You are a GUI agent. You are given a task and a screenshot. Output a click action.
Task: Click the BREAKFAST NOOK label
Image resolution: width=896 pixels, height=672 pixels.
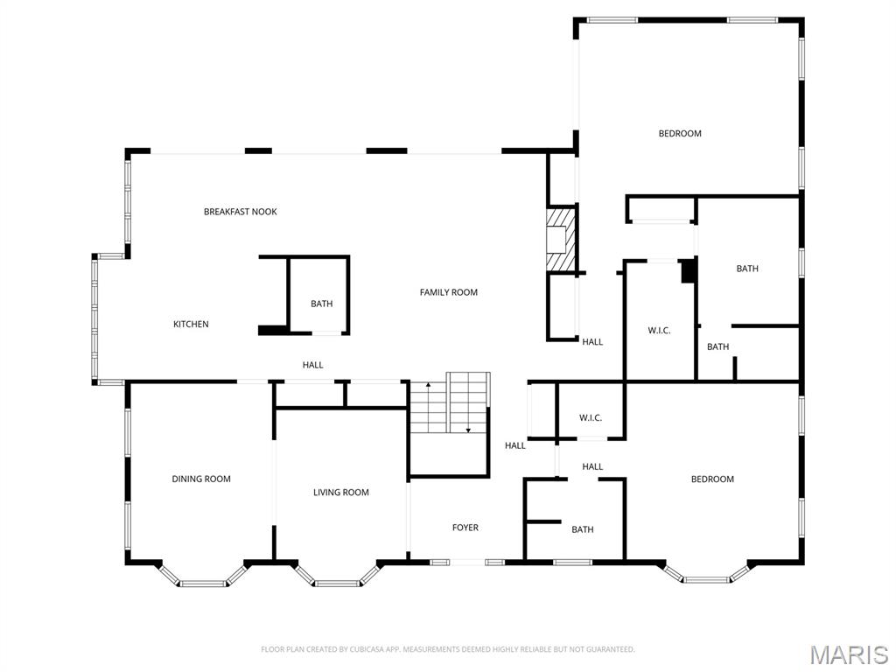241,212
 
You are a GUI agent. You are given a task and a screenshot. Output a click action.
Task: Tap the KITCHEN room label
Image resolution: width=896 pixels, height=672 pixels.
191,325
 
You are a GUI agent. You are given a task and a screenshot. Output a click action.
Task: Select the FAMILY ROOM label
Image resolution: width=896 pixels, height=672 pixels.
449,292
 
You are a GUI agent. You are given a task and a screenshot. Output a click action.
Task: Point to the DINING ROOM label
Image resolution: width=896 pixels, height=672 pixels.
201,479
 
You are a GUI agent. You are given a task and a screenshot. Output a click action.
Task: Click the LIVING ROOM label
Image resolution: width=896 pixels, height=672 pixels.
341,493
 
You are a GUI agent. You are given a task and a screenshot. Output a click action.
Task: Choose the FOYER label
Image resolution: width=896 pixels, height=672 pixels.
465,528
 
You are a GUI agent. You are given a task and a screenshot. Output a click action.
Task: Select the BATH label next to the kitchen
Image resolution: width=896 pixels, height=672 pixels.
322,304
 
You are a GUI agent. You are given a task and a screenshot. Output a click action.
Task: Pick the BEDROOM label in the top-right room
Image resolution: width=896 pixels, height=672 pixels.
680,134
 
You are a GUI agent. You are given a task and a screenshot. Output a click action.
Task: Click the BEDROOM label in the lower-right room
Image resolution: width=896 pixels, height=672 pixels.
712,479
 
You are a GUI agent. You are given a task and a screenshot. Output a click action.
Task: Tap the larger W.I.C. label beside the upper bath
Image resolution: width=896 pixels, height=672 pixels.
659,331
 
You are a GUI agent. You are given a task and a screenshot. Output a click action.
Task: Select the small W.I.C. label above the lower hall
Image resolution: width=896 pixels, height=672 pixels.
591,418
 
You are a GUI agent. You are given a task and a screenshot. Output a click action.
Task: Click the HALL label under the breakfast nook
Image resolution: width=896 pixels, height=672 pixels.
313,365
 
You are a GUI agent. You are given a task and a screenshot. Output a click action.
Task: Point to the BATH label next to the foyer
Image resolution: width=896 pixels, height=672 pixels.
583,529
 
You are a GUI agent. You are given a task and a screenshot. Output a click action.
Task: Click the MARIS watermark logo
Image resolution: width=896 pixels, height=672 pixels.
849,654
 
